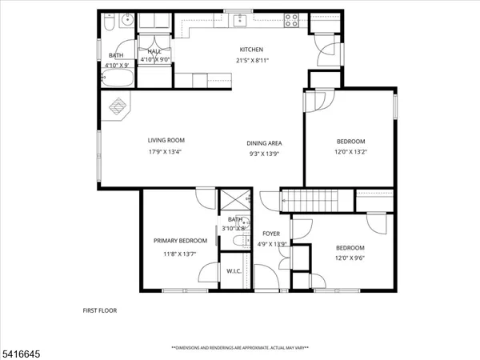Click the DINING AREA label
263,143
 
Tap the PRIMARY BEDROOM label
181,241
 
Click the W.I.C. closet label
234,271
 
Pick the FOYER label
271,234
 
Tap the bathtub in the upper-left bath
120,78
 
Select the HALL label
154,51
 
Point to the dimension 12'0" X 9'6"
350,258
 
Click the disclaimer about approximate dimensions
240,348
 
